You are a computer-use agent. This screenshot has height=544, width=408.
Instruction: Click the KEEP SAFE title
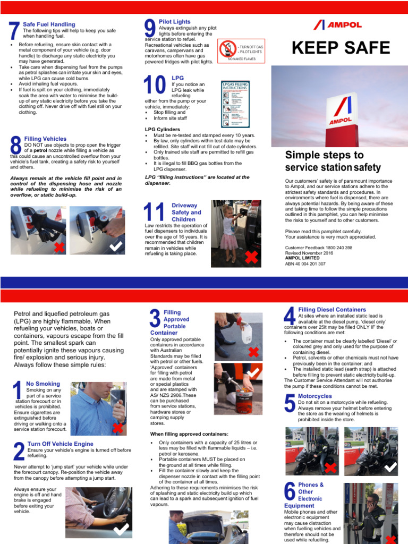(x=341, y=48)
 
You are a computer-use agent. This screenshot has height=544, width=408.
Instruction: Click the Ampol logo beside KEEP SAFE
(x=337, y=24)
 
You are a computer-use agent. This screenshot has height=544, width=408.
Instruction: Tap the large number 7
(x=14, y=31)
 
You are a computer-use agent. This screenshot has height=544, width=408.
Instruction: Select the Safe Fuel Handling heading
(x=49, y=24)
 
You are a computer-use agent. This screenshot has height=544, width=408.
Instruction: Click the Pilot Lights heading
(x=175, y=21)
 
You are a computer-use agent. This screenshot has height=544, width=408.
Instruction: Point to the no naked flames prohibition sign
(x=227, y=49)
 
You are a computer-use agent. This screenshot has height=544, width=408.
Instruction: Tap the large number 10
(x=154, y=86)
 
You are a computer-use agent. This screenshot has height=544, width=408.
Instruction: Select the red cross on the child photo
(x=252, y=257)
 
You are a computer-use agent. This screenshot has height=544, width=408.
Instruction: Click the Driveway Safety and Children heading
(x=186, y=212)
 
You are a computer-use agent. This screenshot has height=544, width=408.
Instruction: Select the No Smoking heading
(x=43, y=384)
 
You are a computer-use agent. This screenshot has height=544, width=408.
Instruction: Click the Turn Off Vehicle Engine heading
(x=60, y=444)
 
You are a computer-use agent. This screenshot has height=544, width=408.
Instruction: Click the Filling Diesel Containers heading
(x=332, y=309)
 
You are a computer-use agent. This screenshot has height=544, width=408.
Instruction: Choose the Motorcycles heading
(x=314, y=396)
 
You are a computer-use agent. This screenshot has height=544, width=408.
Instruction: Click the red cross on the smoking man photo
(x=117, y=428)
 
